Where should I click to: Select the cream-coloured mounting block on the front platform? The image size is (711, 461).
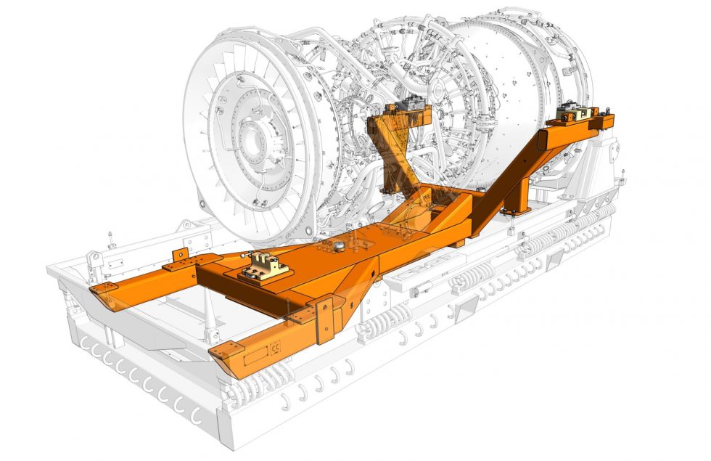pyautogui.click(x=265, y=266)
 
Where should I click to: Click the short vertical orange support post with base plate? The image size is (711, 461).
pyautogui.click(x=517, y=197)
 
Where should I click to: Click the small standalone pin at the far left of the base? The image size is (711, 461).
pyautogui.click(x=110, y=238)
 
